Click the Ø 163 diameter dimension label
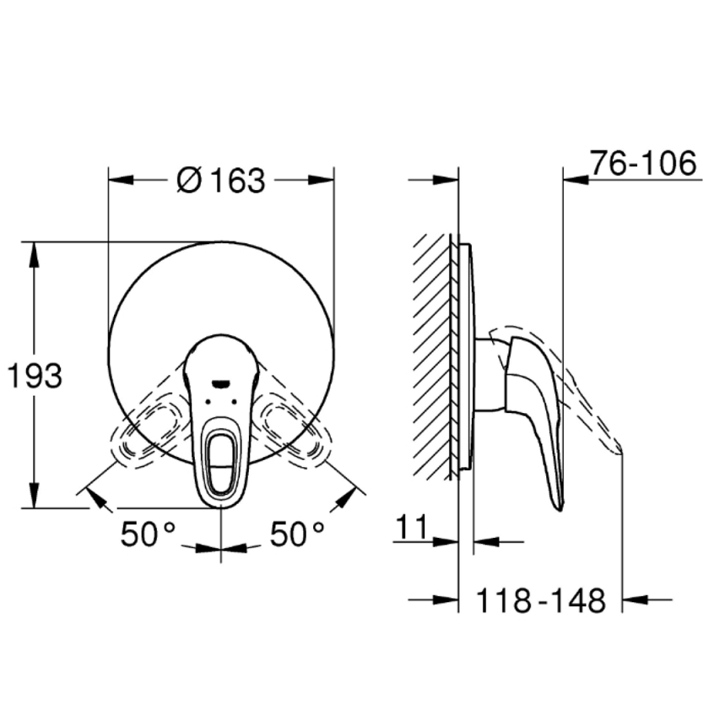220,181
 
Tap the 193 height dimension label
35,376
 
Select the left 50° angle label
149,534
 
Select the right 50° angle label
297,534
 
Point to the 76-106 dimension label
643,163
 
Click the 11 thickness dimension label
412,527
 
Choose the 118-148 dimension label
541,601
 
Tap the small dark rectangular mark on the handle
220,383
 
